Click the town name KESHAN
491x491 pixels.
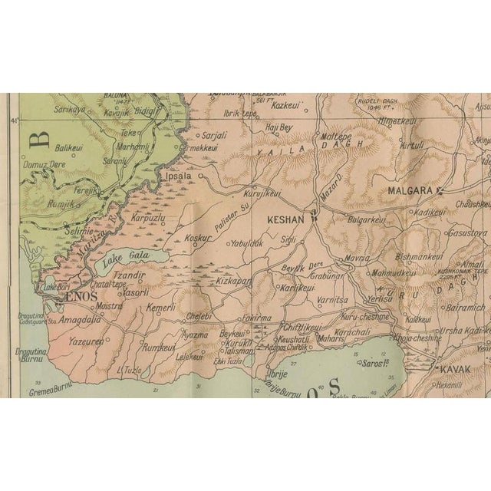[x=285, y=219]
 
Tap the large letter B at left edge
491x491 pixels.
[x=40, y=140]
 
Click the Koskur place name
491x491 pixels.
[x=197, y=238]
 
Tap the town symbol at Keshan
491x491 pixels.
[x=313, y=219]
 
